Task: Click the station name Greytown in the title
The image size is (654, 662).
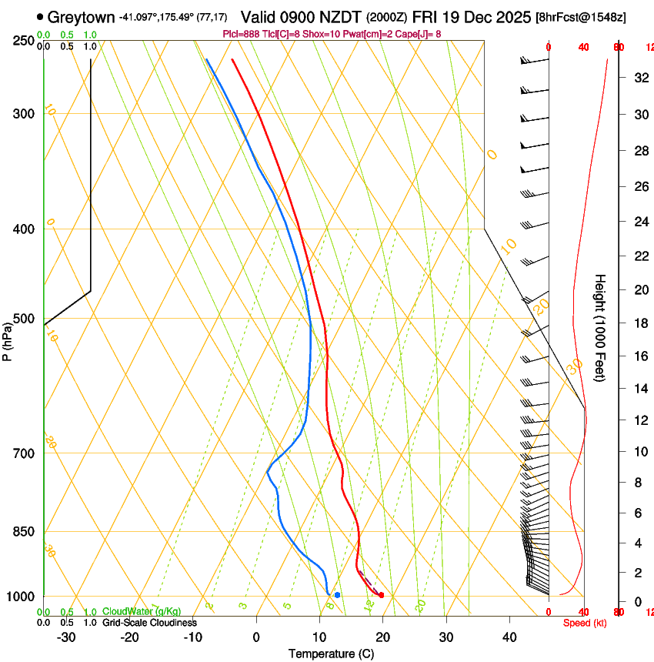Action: pyautogui.click(x=82, y=17)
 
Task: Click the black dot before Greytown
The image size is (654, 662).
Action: pyautogui.click(x=40, y=17)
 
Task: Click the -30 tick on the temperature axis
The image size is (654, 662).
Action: pyautogui.click(x=66, y=637)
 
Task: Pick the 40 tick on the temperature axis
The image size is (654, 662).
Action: pyautogui.click(x=509, y=637)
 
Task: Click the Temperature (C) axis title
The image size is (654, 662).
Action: pyautogui.click(x=331, y=654)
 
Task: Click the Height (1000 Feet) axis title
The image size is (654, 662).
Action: pyautogui.click(x=600, y=328)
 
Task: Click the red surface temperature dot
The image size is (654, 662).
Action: pyautogui.click(x=382, y=595)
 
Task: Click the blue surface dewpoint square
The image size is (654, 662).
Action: pyautogui.click(x=337, y=595)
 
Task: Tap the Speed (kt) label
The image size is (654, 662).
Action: pyautogui.click(x=584, y=623)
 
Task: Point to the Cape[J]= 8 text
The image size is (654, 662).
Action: pyautogui.click(x=419, y=34)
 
